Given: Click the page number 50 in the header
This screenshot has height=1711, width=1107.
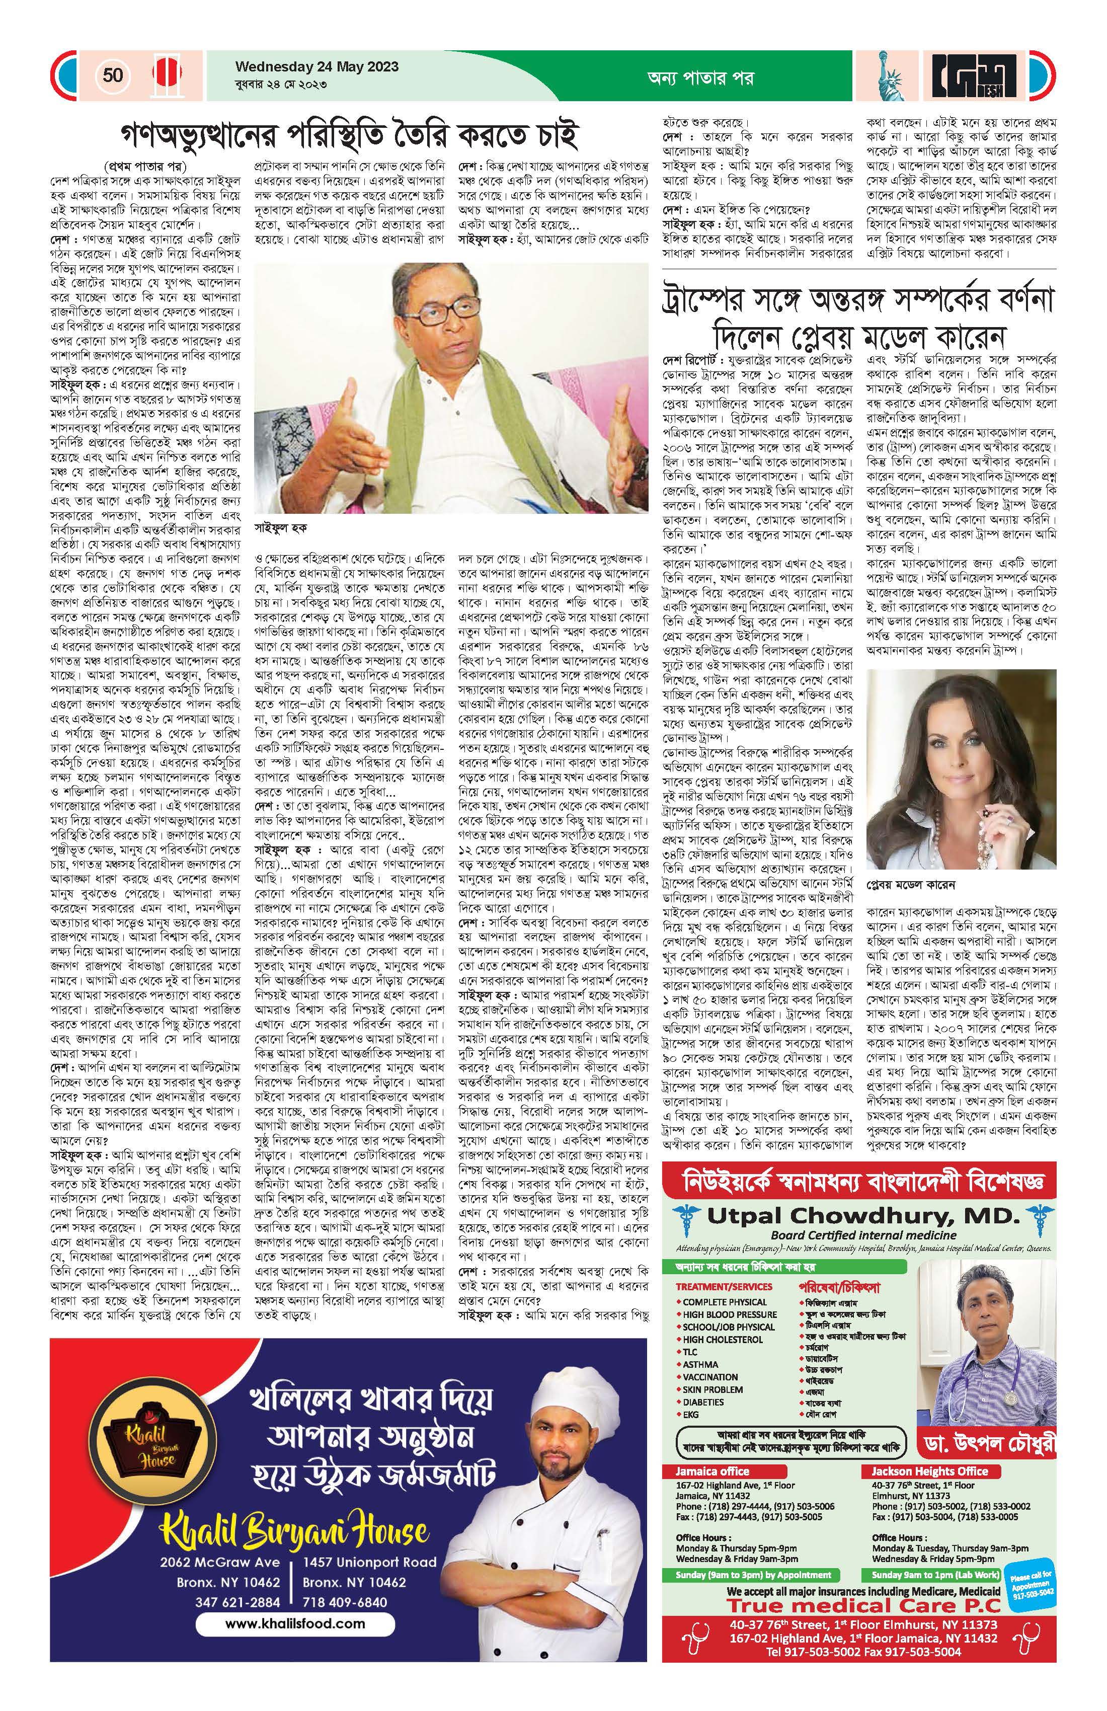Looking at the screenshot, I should click(113, 75).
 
